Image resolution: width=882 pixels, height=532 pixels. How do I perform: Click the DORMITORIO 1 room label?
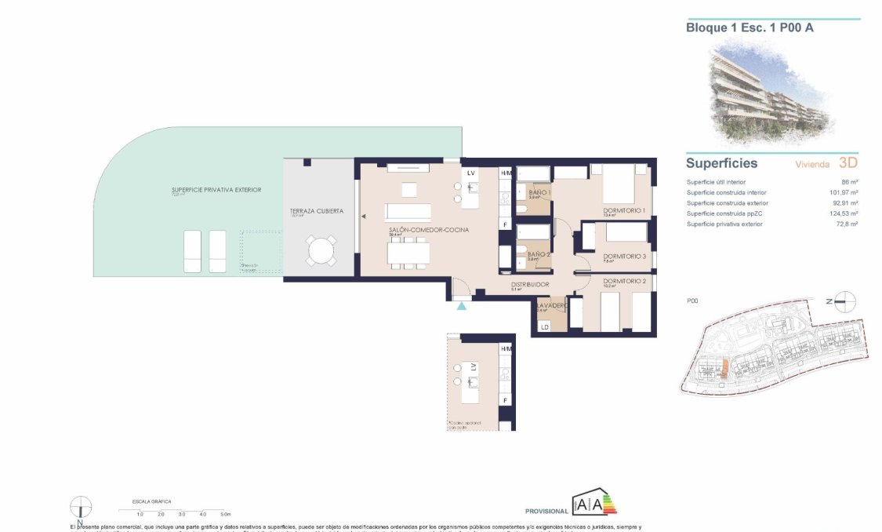coord(624,210)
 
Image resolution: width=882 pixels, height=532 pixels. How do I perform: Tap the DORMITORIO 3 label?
coord(624,257)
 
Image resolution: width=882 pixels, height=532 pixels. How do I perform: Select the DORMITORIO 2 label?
coord(624,281)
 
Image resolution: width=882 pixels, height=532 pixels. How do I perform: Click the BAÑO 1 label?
coord(539,192)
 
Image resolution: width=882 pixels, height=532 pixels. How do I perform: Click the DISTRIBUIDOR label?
coord(530,285)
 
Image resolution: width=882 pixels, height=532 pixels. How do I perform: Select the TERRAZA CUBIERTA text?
coord(316,211)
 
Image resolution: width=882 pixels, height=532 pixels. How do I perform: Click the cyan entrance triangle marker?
coord(462,305)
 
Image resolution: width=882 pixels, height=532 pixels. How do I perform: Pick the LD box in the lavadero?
coord(543,326)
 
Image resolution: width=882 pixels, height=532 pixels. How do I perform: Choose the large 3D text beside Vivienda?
coord(848,163)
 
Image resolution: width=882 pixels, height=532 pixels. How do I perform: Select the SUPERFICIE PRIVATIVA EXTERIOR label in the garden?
coord(216,190)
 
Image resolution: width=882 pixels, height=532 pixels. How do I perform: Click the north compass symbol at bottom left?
coord(81,507)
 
